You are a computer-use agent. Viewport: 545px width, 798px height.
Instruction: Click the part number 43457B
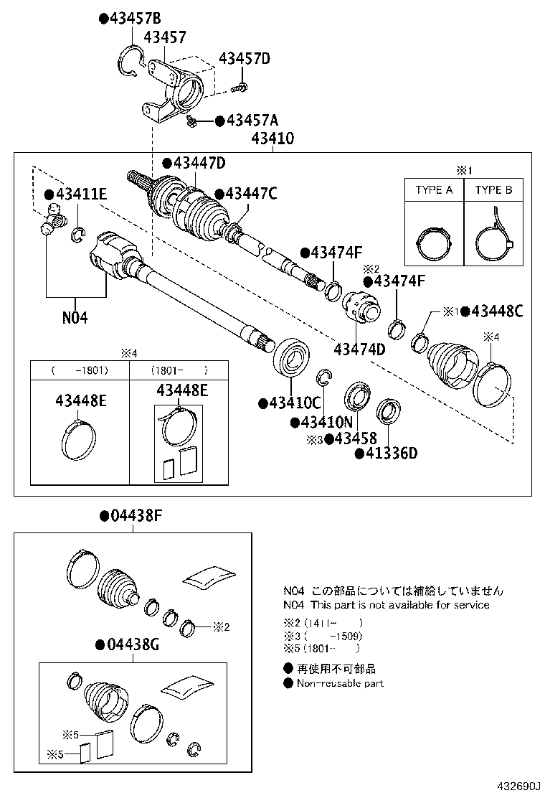click(134, 18)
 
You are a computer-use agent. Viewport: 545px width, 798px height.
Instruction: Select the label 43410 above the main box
click(272, 139)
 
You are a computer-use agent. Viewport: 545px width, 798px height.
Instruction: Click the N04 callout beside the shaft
click(74, 316)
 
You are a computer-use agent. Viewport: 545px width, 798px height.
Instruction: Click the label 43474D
click(359, 349)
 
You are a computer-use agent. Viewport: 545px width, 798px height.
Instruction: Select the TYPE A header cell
click(434, 190)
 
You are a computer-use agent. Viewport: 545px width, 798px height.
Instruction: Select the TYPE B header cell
click(493, 190)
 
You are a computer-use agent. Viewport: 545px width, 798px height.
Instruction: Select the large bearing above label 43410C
click(291, 355)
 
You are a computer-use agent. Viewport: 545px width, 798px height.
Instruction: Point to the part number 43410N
click(327, 423)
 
